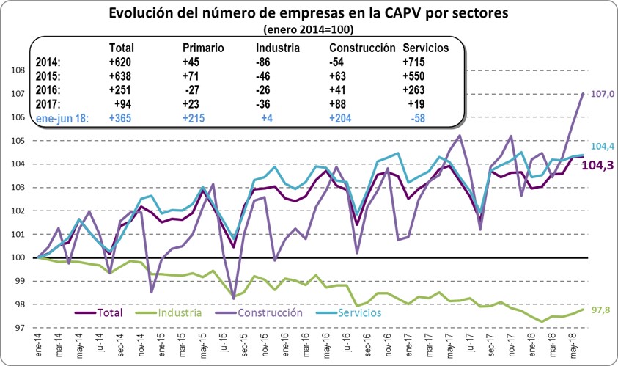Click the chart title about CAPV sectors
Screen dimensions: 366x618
click(x=309, y=14)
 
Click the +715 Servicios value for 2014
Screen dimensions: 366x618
click(x=416, y=62)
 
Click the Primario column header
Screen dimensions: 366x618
click(x=203, y=48)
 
